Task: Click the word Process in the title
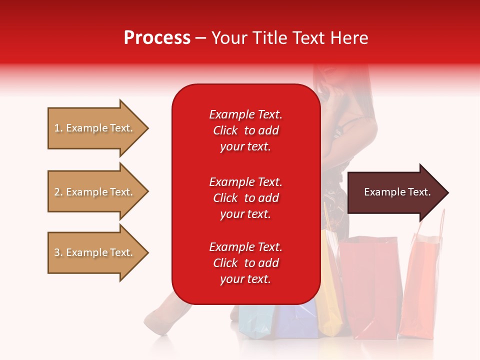pyautogui.click(x=157, y=38)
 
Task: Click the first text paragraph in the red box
pyautogui.click(x=245, y=130)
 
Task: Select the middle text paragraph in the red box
pyautogui.click(x=245, y=198)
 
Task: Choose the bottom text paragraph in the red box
pyautogui.click(x=245, y=263)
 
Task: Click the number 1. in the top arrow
pyautogui.click(x=58, y=128)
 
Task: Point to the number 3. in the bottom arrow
pyautogui.click(x=58, y=252)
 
